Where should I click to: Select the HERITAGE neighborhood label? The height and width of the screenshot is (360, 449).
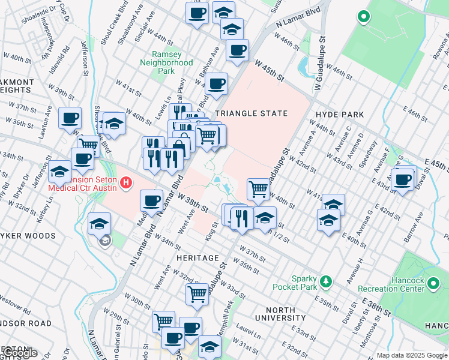coord(197,258)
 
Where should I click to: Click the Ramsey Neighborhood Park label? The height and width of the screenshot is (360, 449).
coord(167,62)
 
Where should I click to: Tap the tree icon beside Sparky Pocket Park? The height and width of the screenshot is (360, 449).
coord(326,281)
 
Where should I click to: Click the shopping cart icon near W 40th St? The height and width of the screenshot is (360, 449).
coord(258,188)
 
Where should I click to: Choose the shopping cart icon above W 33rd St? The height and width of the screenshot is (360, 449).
coord(197,293)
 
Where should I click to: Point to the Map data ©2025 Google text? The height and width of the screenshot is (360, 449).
coord(411,355)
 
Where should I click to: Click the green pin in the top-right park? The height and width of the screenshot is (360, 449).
coord(363,17)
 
